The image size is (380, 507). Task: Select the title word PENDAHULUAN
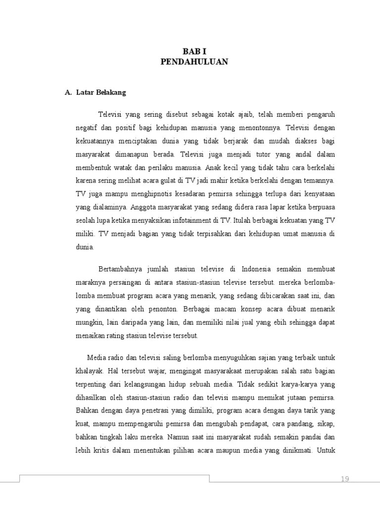point(194,62)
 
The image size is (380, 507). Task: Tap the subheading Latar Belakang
point(101,93)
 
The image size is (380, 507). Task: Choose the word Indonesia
point(256,269)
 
